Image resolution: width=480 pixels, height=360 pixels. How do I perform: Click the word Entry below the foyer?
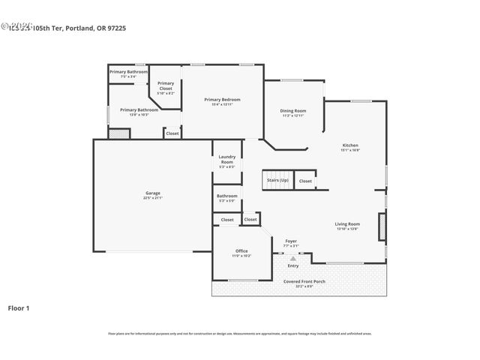pyautogui.click(x=293, y=265)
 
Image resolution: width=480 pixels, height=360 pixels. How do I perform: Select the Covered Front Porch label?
pyautogui.click(x=303, y=283)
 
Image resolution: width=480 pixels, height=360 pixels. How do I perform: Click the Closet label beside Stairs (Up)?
pyautogui.click(x=305, y=181)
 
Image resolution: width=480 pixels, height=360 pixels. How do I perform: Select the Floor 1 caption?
pyautogui.click(x=19, y=307)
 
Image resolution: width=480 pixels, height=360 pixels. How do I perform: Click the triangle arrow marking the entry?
pyautogui.click(x=293, y=256)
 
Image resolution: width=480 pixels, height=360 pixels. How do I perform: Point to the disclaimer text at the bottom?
pyautogui.click(x=240, y=334)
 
